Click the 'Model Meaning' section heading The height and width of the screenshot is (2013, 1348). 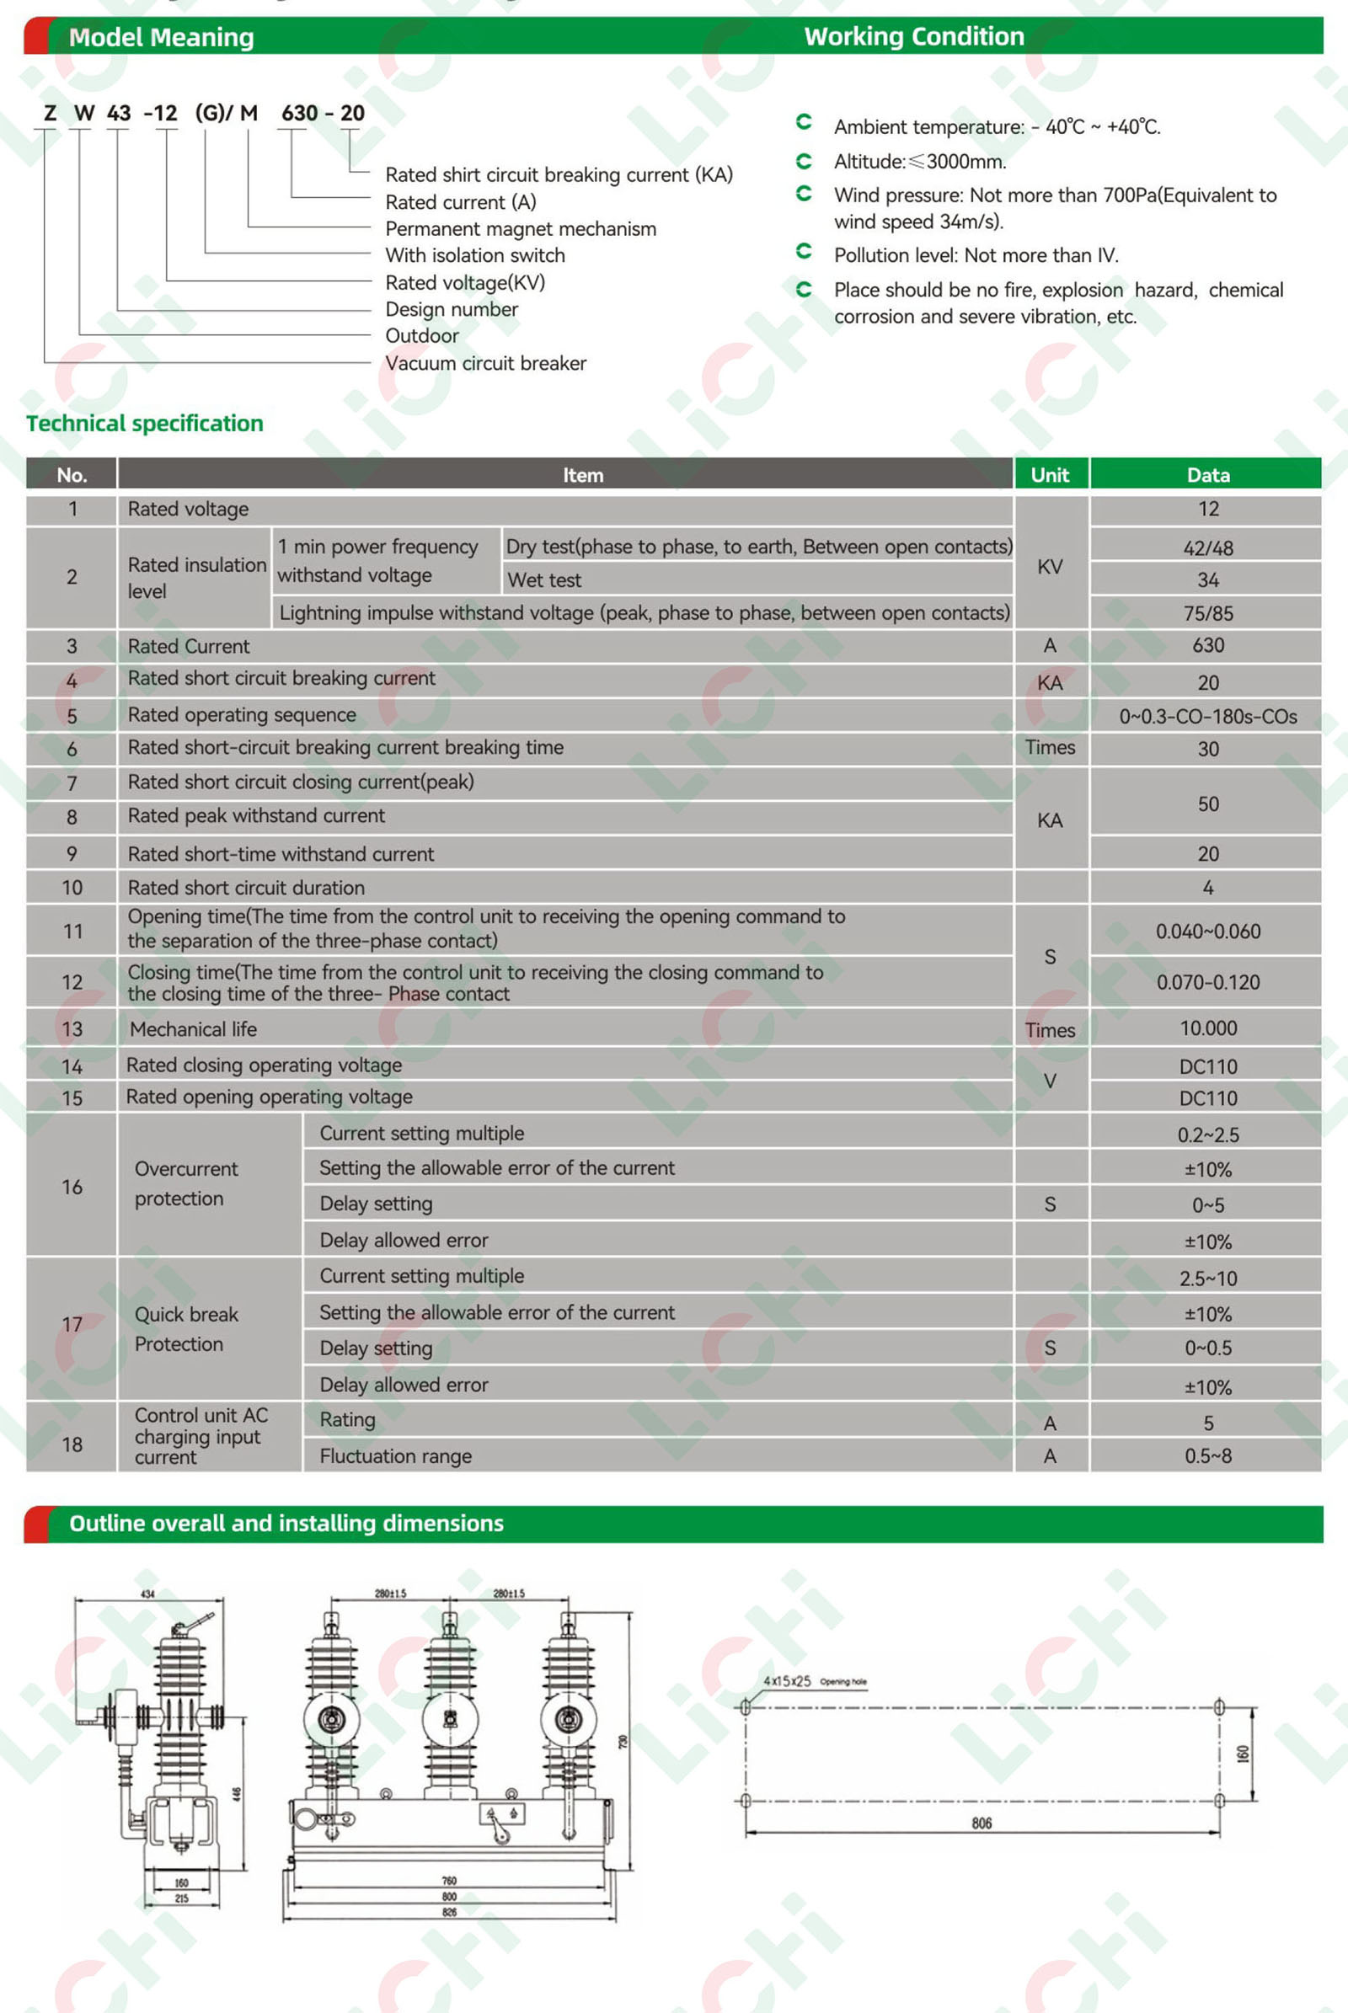tap(161, 37)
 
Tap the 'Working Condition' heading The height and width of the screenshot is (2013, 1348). tap(914, 36)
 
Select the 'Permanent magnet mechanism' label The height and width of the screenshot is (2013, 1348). tap(520, 228)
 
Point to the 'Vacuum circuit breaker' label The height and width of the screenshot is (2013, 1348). tap(485, 363)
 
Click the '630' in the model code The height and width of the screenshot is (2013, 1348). tap(299, 114)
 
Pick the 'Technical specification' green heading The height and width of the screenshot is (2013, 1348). tap(144, 423)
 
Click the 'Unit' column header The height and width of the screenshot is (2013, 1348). tap(1050, 474)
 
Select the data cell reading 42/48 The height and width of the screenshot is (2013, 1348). tap(1207, 547)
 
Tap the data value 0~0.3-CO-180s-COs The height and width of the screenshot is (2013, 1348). tap(1207, 716)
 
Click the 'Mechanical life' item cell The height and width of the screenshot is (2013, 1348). tap(194, 1029)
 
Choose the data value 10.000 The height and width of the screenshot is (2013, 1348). tap(1207, 1028)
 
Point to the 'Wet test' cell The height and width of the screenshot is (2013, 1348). tap(544, 580)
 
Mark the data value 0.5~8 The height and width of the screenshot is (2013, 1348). tap(1207, 1456)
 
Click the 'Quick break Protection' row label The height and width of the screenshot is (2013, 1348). tap(186, 1329)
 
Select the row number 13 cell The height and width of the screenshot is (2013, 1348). tap(72, 1029)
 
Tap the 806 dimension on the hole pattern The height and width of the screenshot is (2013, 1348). tap(981, 1823)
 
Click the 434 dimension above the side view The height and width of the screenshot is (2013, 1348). tap(148, 1594)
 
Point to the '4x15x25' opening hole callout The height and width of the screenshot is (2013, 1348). tap(787, 1680)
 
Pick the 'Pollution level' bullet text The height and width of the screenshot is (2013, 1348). tap(976, 255)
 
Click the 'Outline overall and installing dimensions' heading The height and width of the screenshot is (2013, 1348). tap(286, 1523)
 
